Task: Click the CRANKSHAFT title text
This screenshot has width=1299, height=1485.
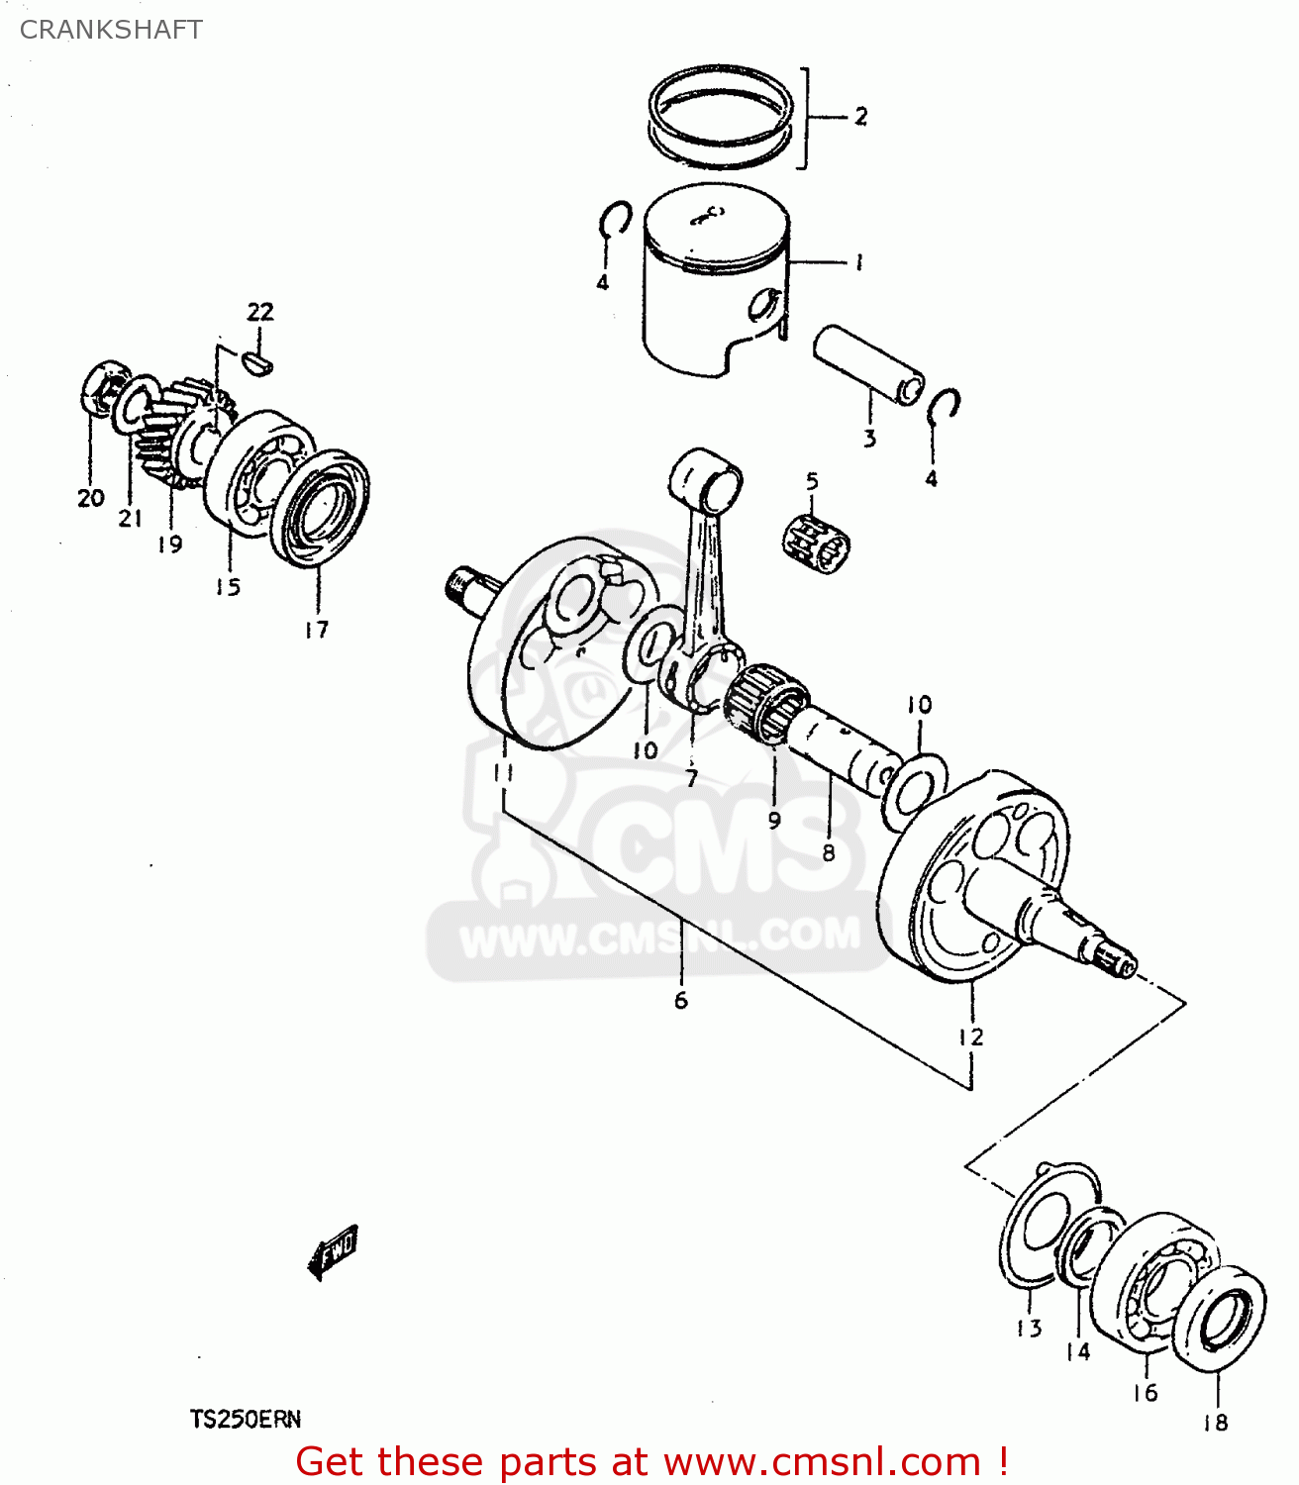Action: click(111, 30)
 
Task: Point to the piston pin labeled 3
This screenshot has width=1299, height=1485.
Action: click(867, 365)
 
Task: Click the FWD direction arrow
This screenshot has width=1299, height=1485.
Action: click(334, 1251)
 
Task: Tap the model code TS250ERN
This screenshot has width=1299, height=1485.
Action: click(246, 1420)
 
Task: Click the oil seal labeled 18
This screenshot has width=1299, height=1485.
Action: click(1219, 1319)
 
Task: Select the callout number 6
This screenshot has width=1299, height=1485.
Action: click(681, 1001)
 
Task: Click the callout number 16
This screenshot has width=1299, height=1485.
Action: click(1145, 1393)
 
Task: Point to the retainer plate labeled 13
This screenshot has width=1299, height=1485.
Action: click(1040, 1228)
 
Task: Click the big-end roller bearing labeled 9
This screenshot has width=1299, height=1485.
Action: click(768, 697)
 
